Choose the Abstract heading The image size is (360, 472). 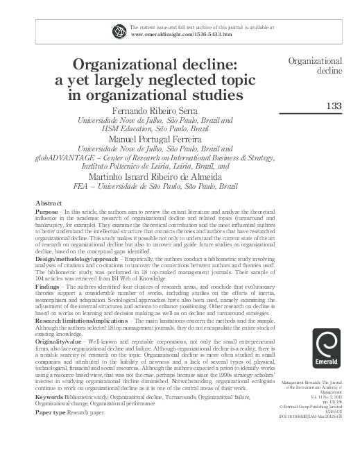[x=49, y=202]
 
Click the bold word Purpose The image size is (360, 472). [x=47, y=210]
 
